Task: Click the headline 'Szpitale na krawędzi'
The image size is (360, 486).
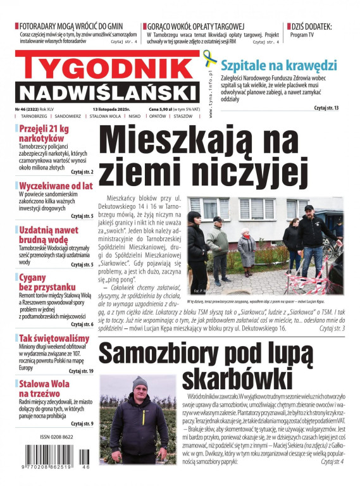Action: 278,65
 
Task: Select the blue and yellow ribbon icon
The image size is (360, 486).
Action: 210,60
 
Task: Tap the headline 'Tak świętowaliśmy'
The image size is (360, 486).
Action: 54,339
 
